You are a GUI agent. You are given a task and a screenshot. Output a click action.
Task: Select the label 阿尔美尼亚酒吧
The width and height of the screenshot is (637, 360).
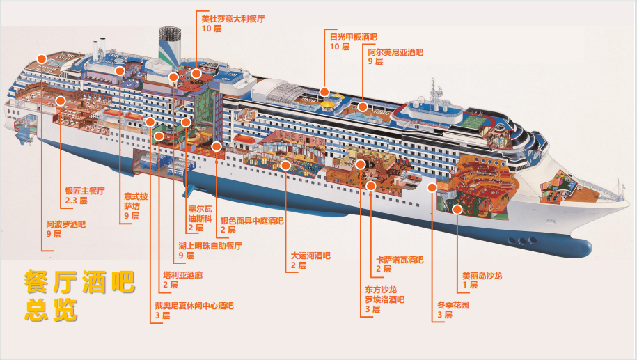(x=395, y=52)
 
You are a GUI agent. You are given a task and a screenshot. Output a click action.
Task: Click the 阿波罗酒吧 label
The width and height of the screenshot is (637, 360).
(x=65, y=224)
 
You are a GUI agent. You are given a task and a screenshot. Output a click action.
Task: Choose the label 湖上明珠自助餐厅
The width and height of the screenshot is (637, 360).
(x=210, y=246)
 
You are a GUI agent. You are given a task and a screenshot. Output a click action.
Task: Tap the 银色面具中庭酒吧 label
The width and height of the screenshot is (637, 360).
(x=252, y=221)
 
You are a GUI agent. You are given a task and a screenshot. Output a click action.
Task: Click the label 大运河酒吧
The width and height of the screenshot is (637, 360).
(x=310, y=256)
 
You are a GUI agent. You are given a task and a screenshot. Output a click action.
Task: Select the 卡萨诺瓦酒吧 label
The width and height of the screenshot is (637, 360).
(x=400, y=260)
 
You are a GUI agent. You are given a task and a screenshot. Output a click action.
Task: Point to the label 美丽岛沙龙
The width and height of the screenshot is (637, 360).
(x=482, y=276)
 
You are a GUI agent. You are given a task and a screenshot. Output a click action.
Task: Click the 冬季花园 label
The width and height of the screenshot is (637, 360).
(x=453, y=305)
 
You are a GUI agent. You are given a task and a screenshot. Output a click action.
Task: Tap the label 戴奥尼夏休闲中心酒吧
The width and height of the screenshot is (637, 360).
(x=194, y=305)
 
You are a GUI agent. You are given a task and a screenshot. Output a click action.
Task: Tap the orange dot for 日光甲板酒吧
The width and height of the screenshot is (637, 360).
(x=324, y=92)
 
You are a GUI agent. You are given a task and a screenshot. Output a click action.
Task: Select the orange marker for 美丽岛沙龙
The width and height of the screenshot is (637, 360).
(x=457, y=209)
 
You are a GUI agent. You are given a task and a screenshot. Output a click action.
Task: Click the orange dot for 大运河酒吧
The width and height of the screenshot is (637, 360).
(x=286, y=165)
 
